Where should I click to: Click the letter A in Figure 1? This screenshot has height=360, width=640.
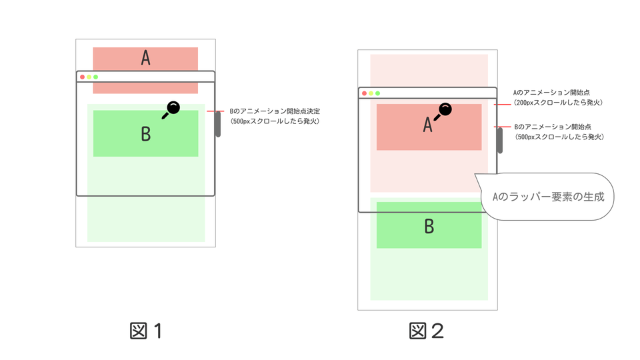tap(145, 59)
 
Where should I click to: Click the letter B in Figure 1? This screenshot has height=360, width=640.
tap(145, 134)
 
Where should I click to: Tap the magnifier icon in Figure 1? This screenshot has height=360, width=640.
tap(171, 109)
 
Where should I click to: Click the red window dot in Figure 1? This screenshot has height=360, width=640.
tap(83, 77)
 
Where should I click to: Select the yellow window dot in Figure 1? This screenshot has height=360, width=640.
tap(89, 77)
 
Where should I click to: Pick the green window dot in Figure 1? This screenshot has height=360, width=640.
tap(96, 77)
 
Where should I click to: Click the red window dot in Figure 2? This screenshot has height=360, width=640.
tap(365, 93)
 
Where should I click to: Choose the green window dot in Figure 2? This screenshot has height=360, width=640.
tap(378, 93)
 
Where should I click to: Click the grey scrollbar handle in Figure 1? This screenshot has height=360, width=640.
tap(218, 125)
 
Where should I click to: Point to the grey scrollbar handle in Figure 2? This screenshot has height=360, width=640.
tap(500, 141)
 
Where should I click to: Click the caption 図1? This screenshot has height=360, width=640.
tap(146, 331)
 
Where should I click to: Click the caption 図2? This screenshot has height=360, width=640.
tap(427, 331)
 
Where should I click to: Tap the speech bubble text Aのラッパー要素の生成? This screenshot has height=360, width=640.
tap(547, 197)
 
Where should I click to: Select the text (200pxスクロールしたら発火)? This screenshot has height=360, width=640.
tap(559, 103)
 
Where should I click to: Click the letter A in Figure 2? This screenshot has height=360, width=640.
tap(428, 125)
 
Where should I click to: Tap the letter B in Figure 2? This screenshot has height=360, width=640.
tap(429, 226)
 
